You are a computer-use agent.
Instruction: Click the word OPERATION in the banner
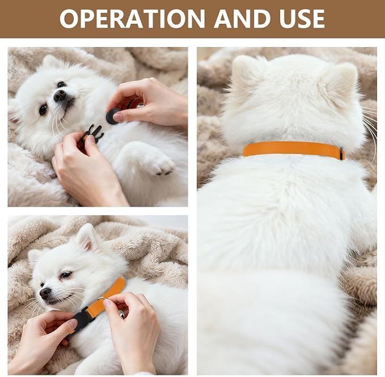coord(132,19)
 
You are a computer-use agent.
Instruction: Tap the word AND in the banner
coord(242,19)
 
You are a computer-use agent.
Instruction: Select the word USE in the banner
coord(302,19)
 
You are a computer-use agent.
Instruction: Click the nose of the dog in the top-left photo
coord(60,95)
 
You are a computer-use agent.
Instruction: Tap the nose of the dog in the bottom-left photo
coord(45,293)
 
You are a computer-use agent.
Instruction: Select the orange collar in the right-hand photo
coord(294,149)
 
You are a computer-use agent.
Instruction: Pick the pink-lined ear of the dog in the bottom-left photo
coord(87,236)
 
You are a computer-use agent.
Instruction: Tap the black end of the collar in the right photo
coord(342,153)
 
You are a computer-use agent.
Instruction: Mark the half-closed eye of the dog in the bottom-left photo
coord(66,275)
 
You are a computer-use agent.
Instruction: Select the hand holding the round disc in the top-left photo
coord(150,103)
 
